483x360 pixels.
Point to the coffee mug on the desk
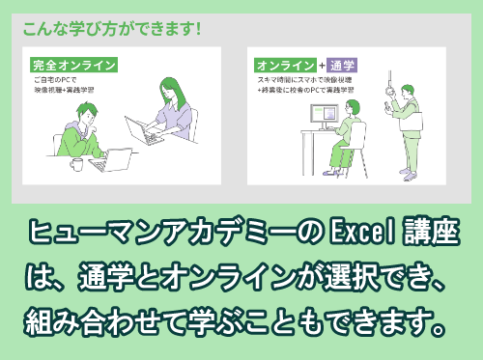(x=75, y=163)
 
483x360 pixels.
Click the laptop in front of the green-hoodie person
(x=116, y=159)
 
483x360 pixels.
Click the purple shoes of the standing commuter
(x=410, y=176)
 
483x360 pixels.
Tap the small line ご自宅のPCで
(x=54, y=81)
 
